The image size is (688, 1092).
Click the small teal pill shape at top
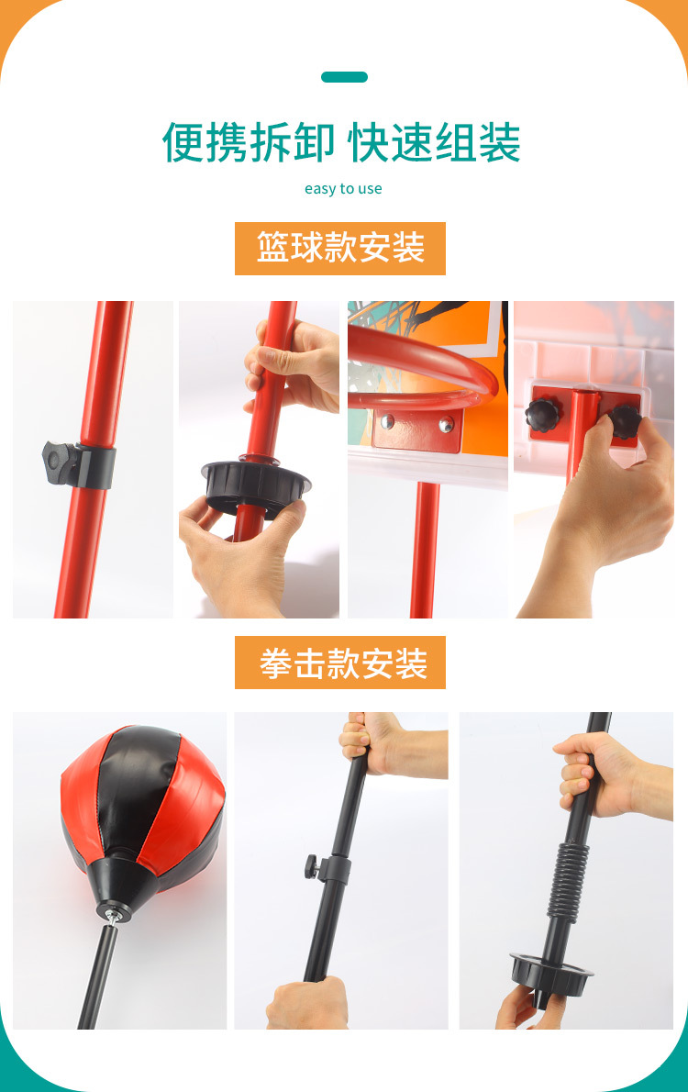click(x=344, y=77)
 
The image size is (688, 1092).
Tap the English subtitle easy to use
click(x=343, y=189)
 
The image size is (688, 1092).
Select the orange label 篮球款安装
click(x=340, y=249)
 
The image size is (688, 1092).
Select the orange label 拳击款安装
click(x=340, y=663)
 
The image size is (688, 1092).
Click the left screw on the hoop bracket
click(x=388, y=421)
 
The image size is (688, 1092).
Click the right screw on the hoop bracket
click(x=446, y=424)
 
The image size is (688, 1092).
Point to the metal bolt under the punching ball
click(x=111, y=915)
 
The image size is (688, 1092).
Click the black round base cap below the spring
click(x=549, y=969)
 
